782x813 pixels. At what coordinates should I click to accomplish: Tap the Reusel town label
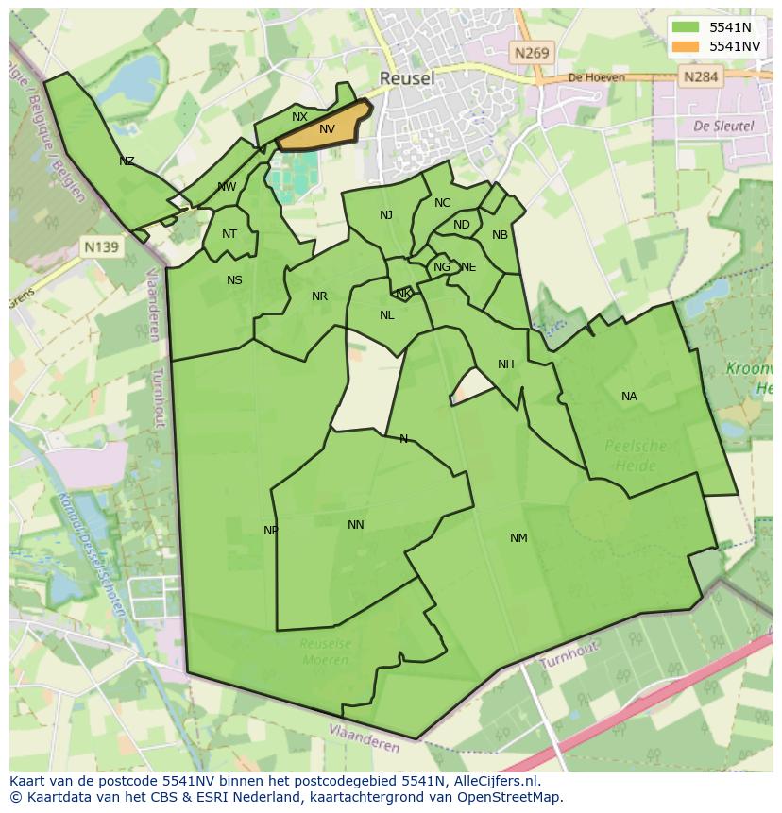[407, 78]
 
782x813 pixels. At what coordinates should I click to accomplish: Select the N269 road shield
[532, 54]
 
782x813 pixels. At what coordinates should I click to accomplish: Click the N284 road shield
[701, 76]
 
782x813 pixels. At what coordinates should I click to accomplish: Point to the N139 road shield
[101, 247]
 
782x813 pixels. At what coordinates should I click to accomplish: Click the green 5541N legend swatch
[686, 27]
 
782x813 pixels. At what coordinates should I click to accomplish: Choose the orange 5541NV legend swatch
[686, 46]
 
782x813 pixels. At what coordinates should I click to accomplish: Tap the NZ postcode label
[127, 161]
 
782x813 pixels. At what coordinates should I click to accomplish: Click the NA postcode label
[629, 397]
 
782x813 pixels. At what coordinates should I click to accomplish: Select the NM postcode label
[518, 538]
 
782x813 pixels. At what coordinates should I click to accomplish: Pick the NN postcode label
[356, 525]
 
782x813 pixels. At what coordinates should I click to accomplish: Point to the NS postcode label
[234, 280]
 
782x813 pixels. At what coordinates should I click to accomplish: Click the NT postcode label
[229, 234]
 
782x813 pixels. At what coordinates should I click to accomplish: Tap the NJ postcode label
[386, 215]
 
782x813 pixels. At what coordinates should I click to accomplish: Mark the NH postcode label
[506, 364]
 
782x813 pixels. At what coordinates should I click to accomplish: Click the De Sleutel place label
[723, 126]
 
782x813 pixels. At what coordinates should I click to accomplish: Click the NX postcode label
[299, 117]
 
